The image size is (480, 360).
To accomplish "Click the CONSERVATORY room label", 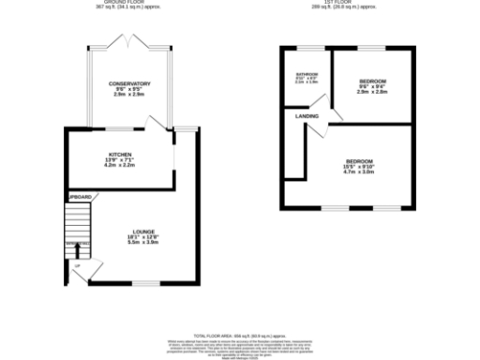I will click(x=129, y=83).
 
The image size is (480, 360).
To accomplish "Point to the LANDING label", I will click(x=307, y=116).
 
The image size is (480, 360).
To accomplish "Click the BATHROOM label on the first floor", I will click(x=307, y=74).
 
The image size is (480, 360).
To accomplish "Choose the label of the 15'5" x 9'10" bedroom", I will click(x=359, y=159).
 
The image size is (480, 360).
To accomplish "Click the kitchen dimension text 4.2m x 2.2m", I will click(x=120, y=164).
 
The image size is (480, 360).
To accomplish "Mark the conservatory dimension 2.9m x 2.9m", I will click(x=129, y=96).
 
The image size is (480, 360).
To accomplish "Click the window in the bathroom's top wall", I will click(x=306, y=47).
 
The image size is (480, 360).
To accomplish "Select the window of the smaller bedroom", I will click(x=372, y=47).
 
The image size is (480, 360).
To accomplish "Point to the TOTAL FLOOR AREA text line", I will click(x=239, y=335).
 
